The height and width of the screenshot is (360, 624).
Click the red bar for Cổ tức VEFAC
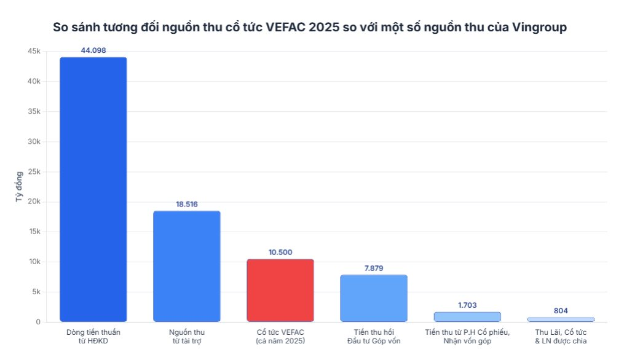[x=280, y=290]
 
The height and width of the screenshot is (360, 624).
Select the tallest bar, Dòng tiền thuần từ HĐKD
[x=93, y=189]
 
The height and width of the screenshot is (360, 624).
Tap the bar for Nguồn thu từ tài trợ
[x=186, y=266]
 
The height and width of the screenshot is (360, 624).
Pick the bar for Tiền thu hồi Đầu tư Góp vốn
[x=374, y=298]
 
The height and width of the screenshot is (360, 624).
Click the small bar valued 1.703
[x=467, y=316]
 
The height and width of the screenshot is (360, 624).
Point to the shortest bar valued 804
[x=561, y=319]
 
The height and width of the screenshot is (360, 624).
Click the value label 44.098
[x=93, y=50]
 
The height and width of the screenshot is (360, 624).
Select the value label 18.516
[x=186, y=204]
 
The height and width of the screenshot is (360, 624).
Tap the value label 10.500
[x=280, y=252]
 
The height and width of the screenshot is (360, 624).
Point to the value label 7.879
[x=374, y=268]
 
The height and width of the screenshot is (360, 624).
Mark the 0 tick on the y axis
[x=38, y=322]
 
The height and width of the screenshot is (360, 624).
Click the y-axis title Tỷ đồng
[x=18, y=186]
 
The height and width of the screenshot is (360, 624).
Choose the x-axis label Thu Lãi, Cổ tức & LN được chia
[x=561, y=337]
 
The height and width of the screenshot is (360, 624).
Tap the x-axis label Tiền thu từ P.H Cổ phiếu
[x=467, y=332]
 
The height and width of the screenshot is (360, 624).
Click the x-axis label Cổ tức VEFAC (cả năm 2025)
[x=280, y=337]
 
